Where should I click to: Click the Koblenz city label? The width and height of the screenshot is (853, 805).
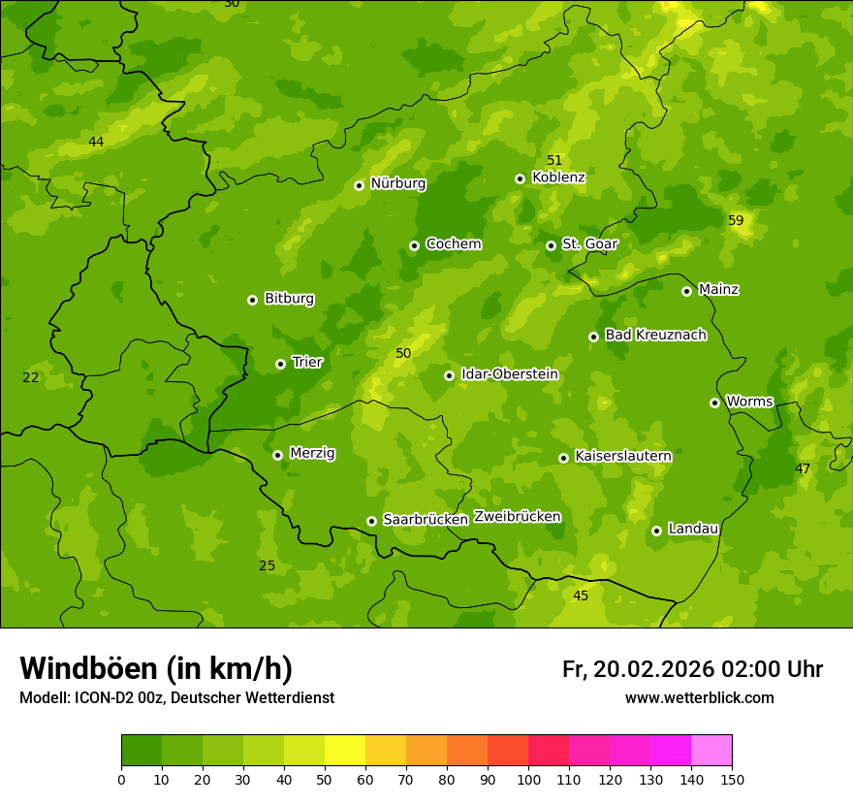(x=558, y=177)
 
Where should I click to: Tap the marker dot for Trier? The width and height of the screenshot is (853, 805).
(x=280, y=364)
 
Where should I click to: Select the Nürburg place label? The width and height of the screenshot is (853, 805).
(x=397, y=183)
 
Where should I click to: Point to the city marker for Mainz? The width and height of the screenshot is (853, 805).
(x=686, y=291)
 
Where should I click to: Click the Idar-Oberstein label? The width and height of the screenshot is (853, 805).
(x=509, y=374)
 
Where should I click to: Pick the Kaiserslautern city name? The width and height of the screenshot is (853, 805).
(x=622, y=456)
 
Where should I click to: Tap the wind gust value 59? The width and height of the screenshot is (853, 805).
(x=736, y=221)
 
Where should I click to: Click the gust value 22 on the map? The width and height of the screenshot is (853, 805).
(x=31, y=377)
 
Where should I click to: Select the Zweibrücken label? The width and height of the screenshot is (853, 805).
(x=517, y=517)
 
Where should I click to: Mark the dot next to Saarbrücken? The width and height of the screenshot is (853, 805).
(x=371, y=521)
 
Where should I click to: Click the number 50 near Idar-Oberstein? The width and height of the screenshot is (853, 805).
(x=403, y=354)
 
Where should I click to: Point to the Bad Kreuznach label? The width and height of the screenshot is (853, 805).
(x=655, y=335)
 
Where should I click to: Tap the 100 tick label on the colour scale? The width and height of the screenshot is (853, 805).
(x=528, y=779)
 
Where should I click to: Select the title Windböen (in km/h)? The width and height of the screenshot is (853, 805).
(x=156, y=668)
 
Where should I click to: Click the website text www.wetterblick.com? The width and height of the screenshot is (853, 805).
(x=699, y=697)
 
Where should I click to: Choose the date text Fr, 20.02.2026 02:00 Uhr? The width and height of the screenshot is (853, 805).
(x=692, y=669)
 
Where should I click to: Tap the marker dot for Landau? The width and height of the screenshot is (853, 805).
(x=656, y=531)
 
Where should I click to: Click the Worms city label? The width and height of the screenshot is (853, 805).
(x=748, y=402)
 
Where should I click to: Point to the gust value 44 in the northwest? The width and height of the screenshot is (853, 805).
(x=96, y=143)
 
